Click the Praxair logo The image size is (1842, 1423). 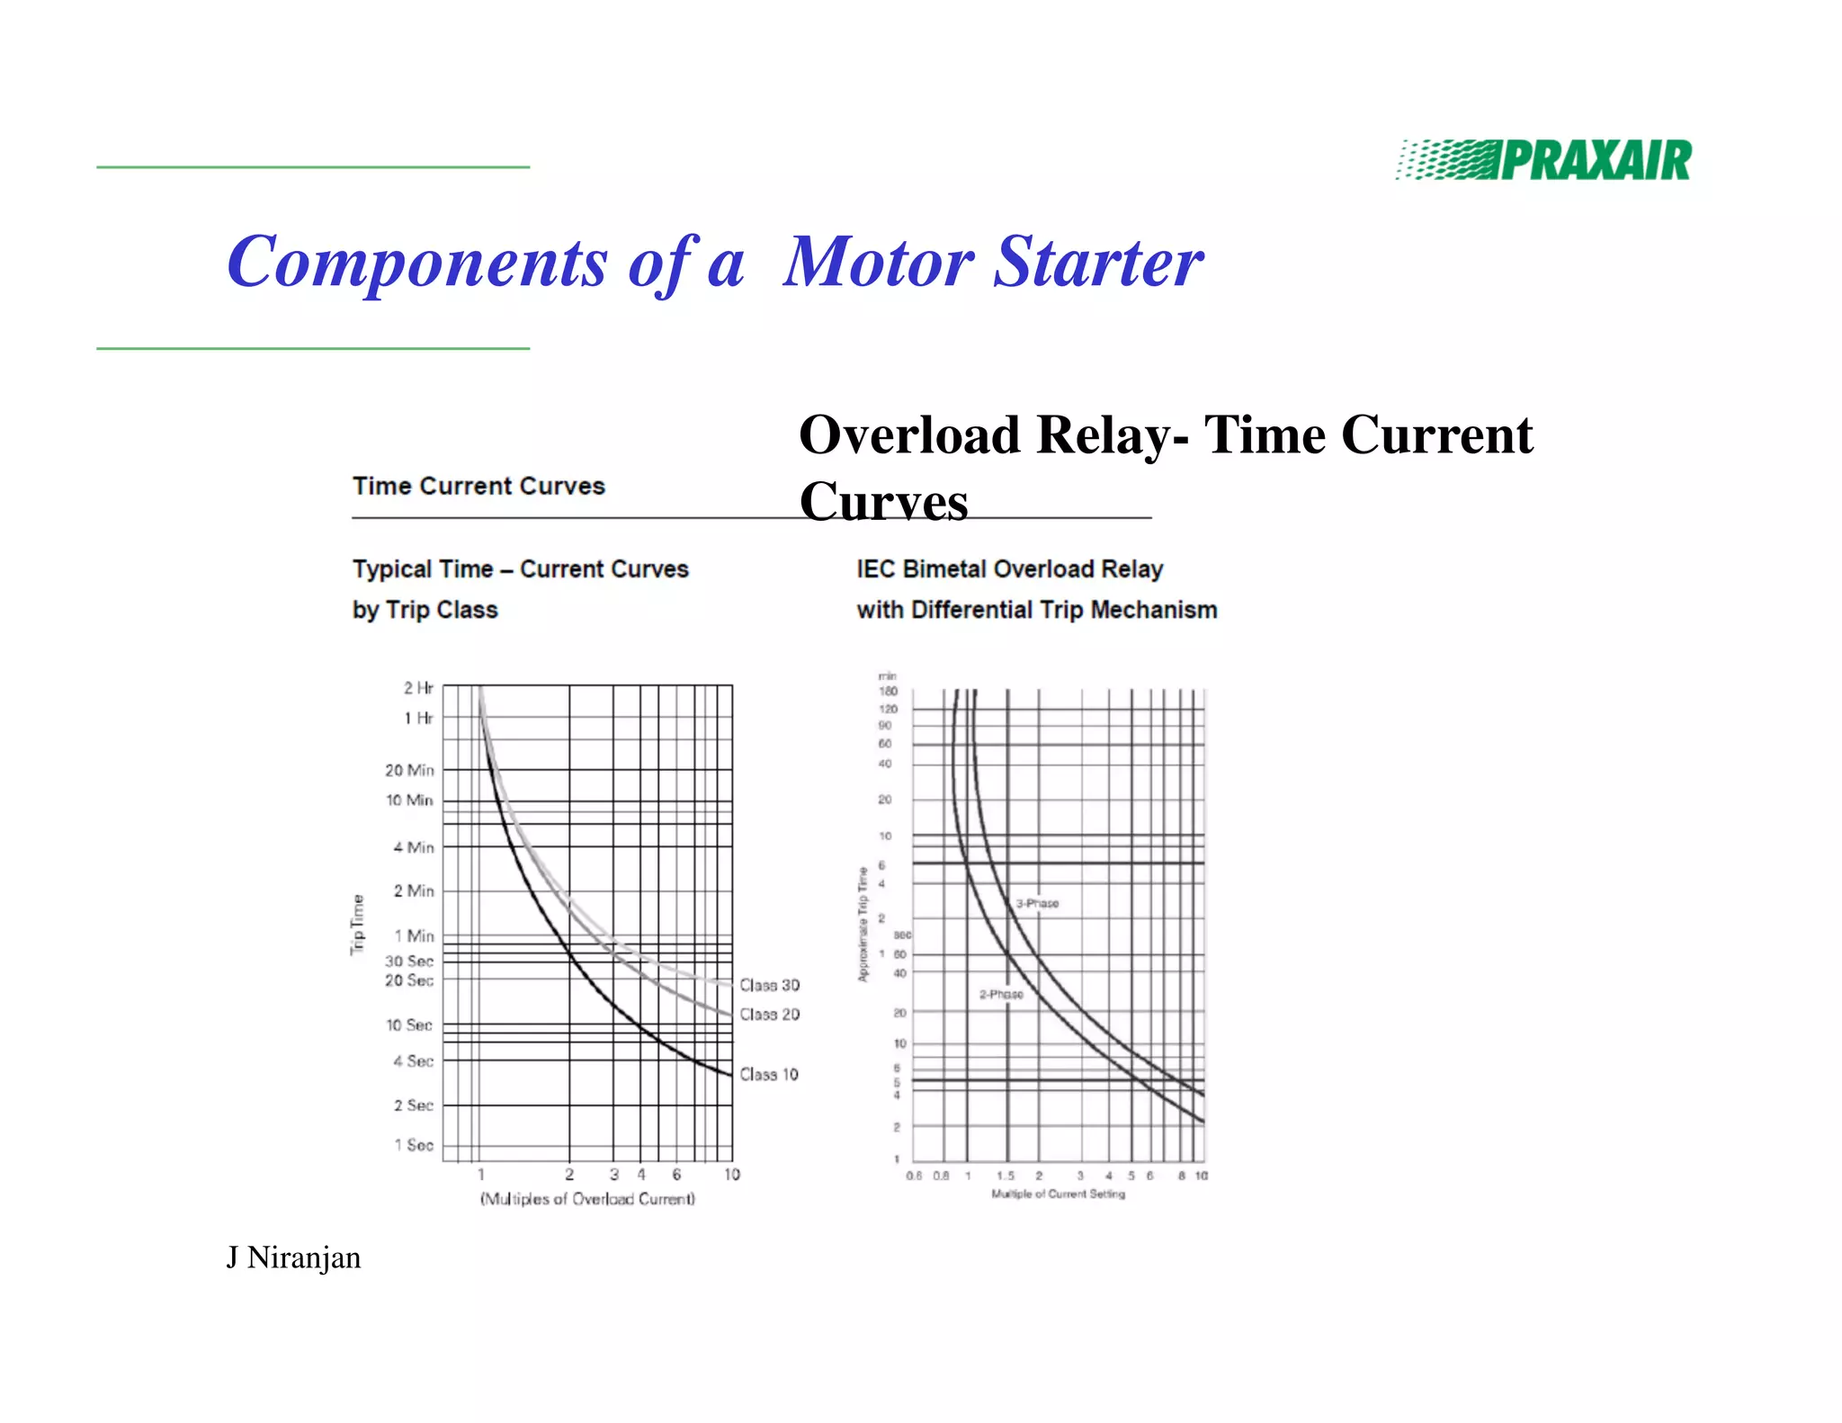click(x=1543, y=160)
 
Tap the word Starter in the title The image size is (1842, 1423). click(x=1099, y=262)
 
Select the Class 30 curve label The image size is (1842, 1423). click(x=769, y=985)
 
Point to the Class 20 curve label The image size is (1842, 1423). click(x=769, y=1015)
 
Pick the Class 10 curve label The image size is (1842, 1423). click(x=769, y=1074)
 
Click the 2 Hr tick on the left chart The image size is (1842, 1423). click(x=418, y=688)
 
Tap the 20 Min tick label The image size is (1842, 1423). click(x=409, y=770)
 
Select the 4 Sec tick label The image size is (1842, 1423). click(x=413, y=1061)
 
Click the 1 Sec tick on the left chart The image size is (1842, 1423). click(x=414, y=1145)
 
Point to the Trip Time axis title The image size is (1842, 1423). click(x=358, y=925)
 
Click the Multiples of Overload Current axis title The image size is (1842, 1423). click(x=587, y=1199)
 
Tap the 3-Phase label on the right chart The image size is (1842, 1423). click(x=1037, y=903)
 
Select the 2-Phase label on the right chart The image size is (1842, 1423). click(x=1001, y=994)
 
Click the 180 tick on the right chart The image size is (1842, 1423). click(x=888, y=691)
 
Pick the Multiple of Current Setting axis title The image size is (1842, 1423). click(x=1058, y=1194)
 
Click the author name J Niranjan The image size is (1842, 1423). click(x=293, y=1257)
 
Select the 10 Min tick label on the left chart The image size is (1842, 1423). click(x=409, y=800)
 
